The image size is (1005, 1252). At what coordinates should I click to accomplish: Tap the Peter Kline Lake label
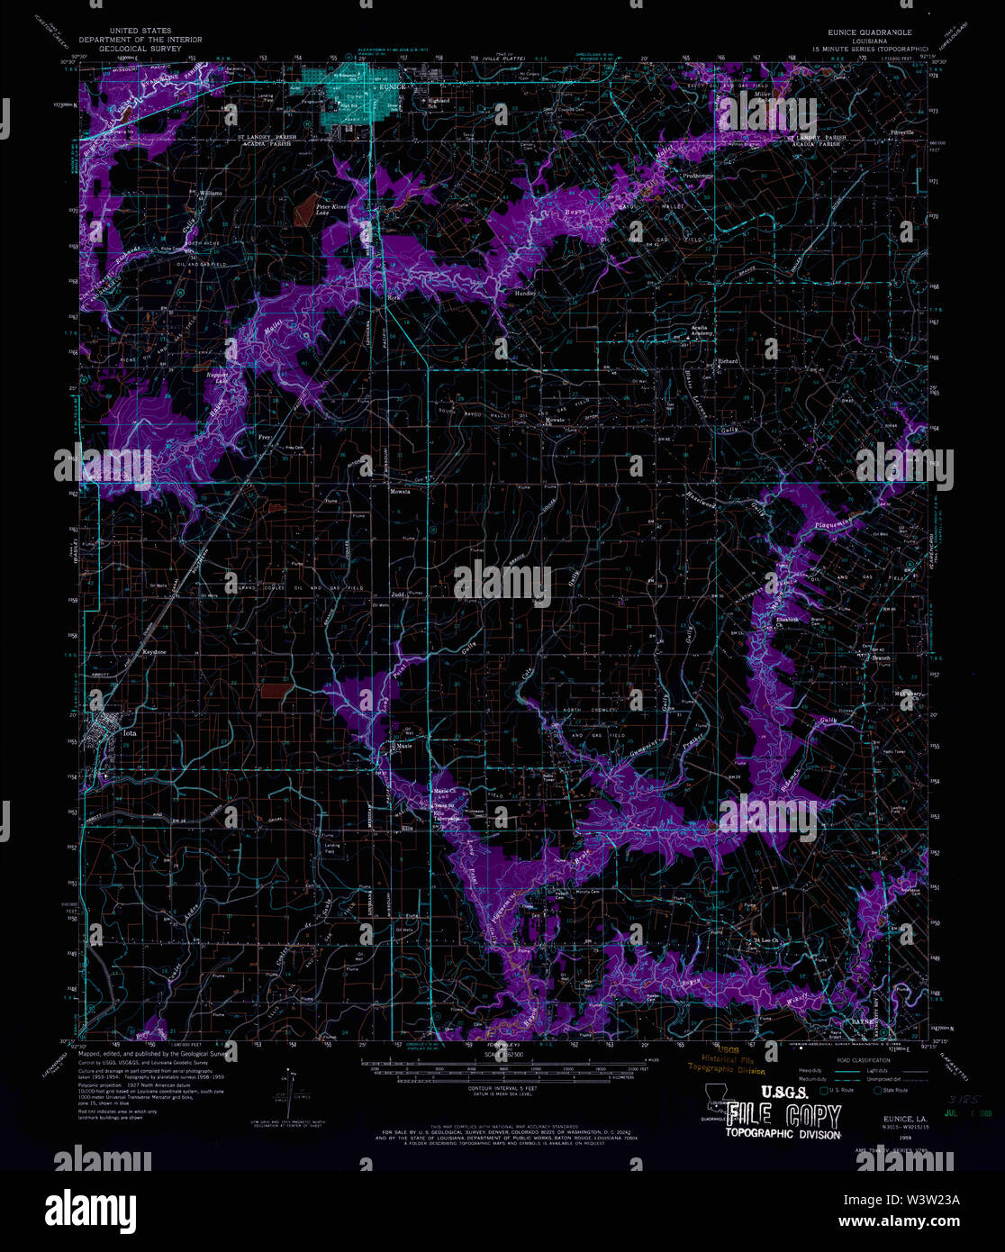[325, 210]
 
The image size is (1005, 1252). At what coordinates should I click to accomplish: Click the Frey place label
[265, 437]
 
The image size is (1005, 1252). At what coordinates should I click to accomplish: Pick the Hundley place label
[525, 294]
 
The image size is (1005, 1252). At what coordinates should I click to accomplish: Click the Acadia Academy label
[702, 332]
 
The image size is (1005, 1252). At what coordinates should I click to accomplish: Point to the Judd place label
[397, 595]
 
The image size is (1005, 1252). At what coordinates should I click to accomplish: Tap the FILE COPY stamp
[783, 1116]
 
